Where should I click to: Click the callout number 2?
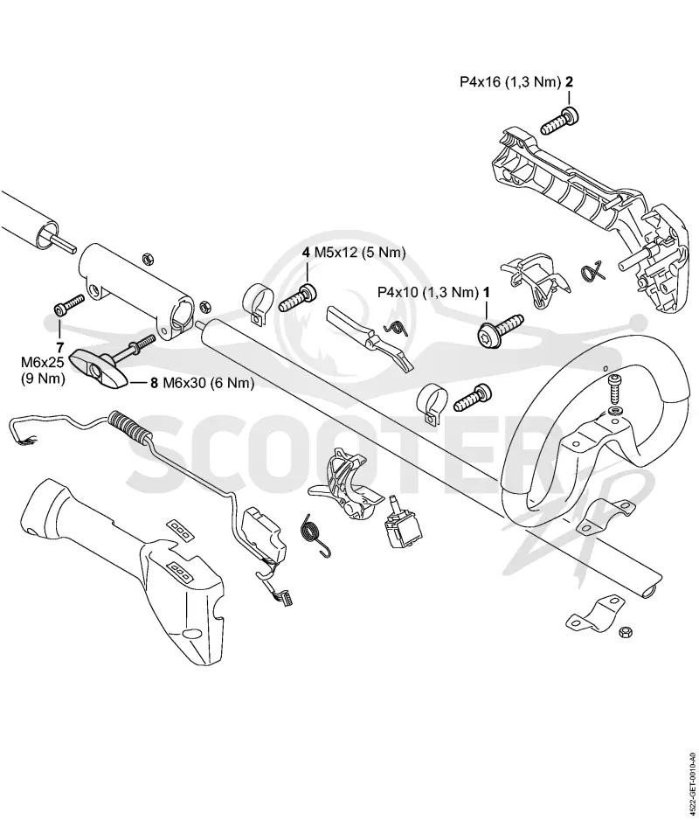[x=570, y=82]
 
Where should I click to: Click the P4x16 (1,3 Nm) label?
[x=510, y=82]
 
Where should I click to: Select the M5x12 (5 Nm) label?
[x=360, y=253]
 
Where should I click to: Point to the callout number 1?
[x=486, y=292]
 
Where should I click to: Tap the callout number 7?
[x=60, y=347]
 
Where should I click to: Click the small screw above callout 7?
[x=69, y=304]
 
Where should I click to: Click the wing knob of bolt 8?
[x=100, y=370]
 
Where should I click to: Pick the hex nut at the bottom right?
[x=625, y=631]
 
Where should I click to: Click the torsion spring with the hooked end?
[x=315, y=532]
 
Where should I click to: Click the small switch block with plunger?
[x=403, y=526]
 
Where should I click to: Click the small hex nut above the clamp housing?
[x=148, y=258]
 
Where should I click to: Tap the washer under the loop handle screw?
[x=615, y=407]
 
